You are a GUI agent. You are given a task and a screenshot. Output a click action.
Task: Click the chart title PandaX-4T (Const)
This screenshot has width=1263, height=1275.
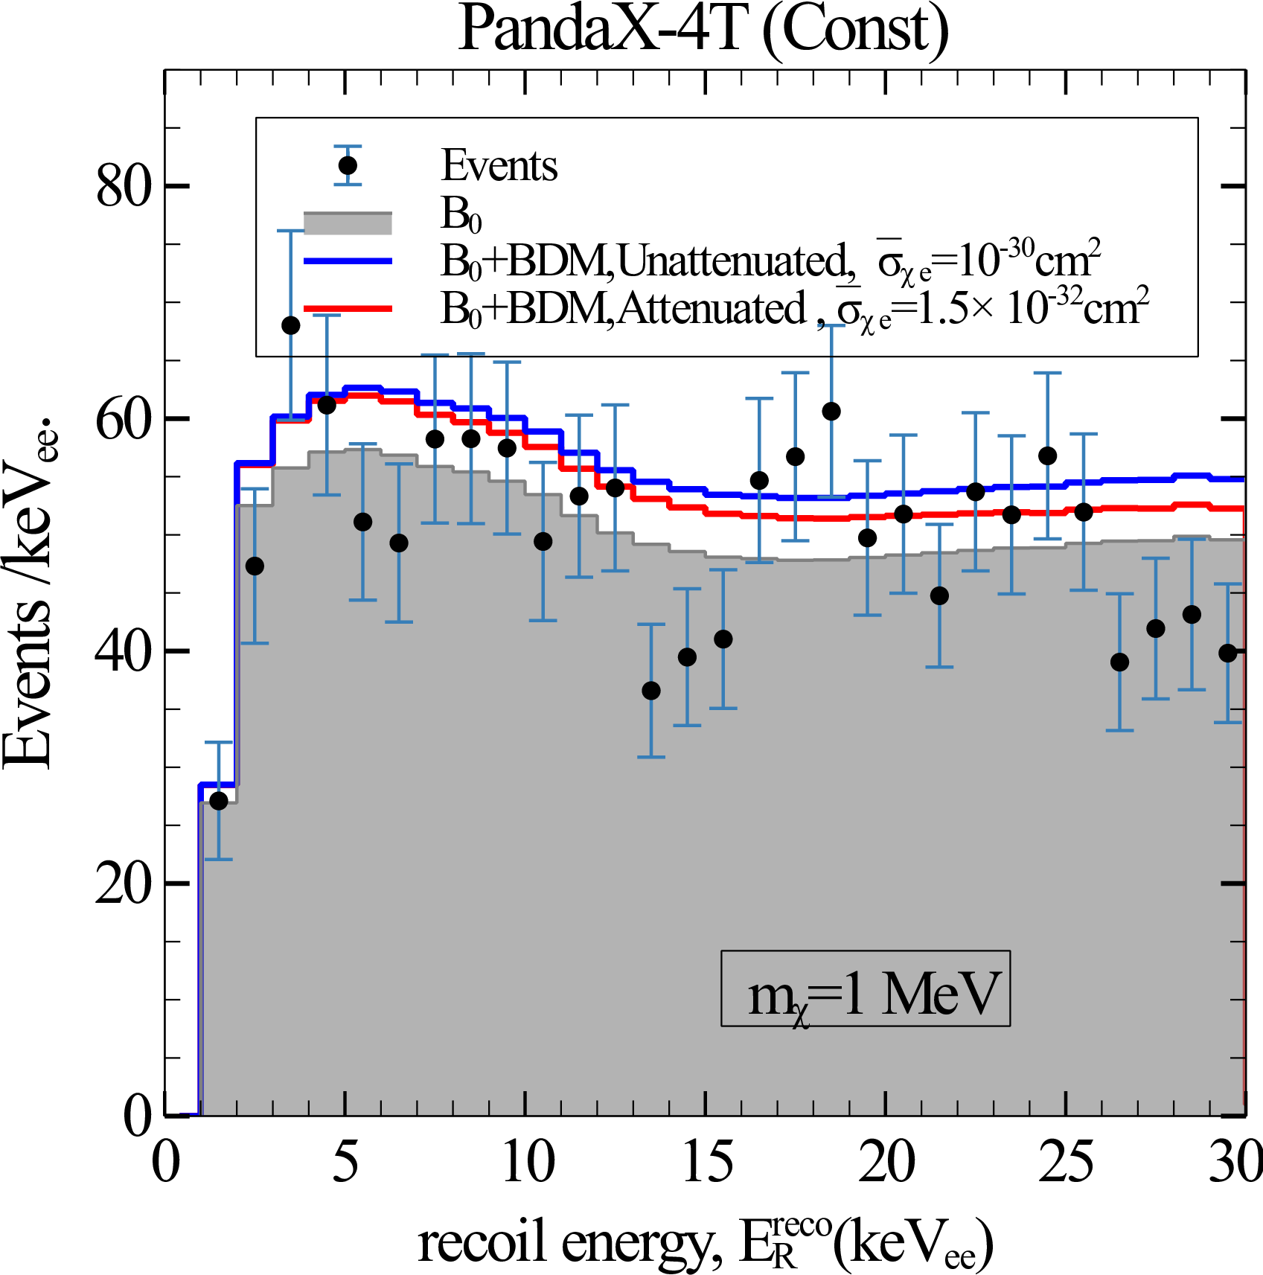703,30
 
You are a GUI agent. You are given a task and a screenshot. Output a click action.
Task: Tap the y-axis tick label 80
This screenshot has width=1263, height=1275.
124,187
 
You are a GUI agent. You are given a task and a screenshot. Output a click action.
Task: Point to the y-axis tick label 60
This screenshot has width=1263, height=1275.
124,419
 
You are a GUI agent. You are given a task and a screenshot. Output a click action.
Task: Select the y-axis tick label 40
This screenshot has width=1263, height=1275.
124,651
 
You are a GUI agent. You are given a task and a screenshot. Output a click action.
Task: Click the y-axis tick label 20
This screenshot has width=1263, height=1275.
124,884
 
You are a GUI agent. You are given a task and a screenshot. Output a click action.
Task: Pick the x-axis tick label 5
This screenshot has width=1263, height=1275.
345,1162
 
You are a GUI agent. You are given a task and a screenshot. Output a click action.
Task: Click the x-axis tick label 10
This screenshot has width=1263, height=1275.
528,1162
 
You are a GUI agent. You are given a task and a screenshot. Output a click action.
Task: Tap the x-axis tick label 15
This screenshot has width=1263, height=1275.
707,1162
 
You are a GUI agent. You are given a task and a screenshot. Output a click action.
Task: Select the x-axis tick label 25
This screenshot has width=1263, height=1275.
1067,1162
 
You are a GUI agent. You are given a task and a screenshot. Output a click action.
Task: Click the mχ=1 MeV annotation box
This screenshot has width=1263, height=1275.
866,988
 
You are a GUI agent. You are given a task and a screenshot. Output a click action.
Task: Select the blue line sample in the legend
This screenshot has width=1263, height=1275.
348,261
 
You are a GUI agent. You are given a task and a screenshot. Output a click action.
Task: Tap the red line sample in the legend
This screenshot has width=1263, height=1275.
348,308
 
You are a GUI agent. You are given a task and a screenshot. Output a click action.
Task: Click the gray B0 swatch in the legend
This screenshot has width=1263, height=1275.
348,223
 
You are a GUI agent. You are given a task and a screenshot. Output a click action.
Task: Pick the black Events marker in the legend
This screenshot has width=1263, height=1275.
348,165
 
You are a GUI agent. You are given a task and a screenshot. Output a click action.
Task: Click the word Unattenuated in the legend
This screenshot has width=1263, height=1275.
733,261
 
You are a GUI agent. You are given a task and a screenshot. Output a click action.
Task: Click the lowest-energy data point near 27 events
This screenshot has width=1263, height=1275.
219,801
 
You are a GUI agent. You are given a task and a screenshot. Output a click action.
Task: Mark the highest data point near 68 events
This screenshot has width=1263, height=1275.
291,325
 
